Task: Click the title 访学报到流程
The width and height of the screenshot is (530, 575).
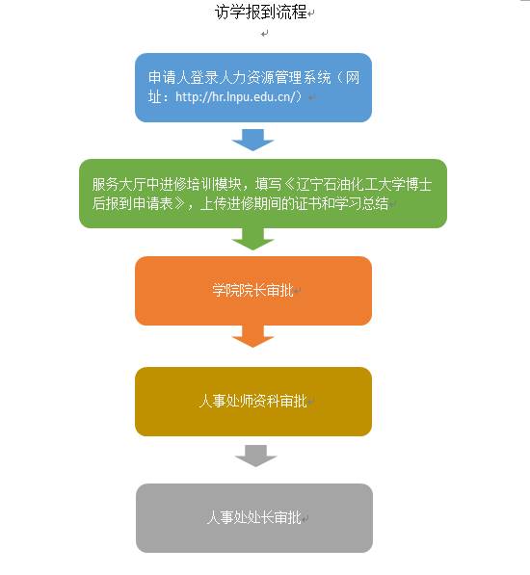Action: click(x=261, y=13)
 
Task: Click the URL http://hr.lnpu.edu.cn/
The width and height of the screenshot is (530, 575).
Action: click(x=235, y=96)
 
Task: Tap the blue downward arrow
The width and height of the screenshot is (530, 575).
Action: click(x=252, y=140)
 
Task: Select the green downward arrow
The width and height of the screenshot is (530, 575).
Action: click(x=252, y=239)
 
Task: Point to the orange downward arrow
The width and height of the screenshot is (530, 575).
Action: click(x=252, y=336)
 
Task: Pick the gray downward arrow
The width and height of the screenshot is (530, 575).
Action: click(x=255, y=456)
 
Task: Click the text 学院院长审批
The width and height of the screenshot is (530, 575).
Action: click(x=252, y=291)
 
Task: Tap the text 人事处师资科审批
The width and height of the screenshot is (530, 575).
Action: click(x=253, y=401)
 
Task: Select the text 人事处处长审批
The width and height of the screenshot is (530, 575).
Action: click(x=253, y=517)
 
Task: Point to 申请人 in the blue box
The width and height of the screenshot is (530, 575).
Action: click(x=169, y=77)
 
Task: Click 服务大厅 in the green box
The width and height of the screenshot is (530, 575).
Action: click(x=119, y=185)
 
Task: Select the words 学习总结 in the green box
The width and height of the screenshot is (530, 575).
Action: click(x=361, y=203)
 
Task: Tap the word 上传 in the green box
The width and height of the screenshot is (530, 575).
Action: click(x=214, y=203)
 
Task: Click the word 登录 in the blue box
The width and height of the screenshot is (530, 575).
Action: click(x=201, y=77)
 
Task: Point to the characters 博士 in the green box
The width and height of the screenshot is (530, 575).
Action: click(x=418, y=185)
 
